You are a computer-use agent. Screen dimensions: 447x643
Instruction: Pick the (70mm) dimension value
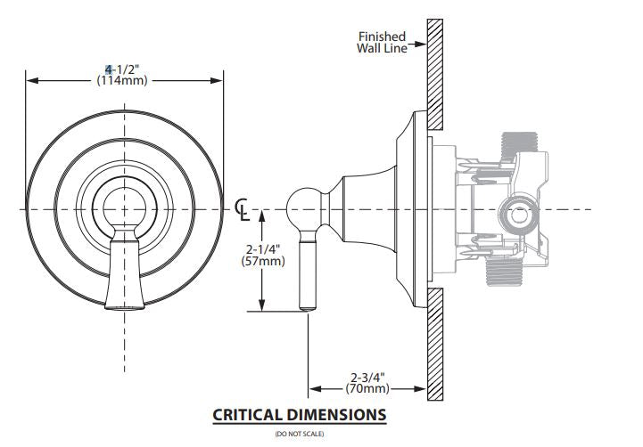367,388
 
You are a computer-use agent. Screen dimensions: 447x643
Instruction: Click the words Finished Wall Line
382,42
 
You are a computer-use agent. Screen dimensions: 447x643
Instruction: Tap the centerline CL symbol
242,208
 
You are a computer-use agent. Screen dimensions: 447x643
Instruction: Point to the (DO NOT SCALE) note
300,434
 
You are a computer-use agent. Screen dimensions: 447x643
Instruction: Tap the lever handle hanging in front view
121,272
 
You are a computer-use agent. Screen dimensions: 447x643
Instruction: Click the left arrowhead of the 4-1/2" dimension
30,80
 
